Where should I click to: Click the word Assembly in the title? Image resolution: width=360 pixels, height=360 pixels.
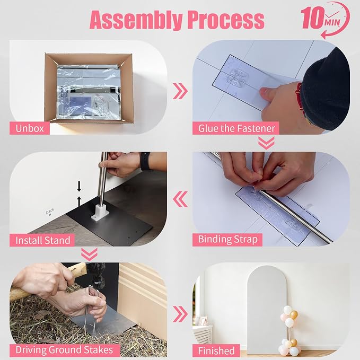coord(137,20)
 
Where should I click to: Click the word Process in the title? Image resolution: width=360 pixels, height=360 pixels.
coord(226,20)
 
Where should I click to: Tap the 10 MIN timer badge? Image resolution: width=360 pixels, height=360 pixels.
coord(326,20)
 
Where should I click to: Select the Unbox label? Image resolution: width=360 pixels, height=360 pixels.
coord(30,128)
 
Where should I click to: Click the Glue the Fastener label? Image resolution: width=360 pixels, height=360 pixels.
coord(236,128)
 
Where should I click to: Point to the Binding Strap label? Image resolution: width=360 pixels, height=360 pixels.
coord(227,240)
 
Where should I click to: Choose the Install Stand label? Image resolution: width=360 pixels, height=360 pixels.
coord(42,240)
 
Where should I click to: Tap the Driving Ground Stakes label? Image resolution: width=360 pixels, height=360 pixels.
coord(65,350)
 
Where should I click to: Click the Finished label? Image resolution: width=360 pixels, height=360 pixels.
coord(216,350)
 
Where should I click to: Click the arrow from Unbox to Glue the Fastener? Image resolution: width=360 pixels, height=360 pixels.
coord(180,91)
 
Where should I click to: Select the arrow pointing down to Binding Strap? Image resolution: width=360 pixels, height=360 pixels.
coord(266,143)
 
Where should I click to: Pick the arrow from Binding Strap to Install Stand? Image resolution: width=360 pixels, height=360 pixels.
coord(180,199)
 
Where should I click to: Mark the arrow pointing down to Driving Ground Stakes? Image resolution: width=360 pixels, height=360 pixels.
coord(89,254)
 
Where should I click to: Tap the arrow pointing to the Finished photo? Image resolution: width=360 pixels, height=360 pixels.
coord(180,314)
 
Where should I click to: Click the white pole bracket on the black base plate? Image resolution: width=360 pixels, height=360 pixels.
coord(100,212)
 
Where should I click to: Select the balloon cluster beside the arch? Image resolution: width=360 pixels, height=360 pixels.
coord(289,331)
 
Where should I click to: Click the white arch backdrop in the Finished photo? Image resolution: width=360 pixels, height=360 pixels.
coord(267,310)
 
